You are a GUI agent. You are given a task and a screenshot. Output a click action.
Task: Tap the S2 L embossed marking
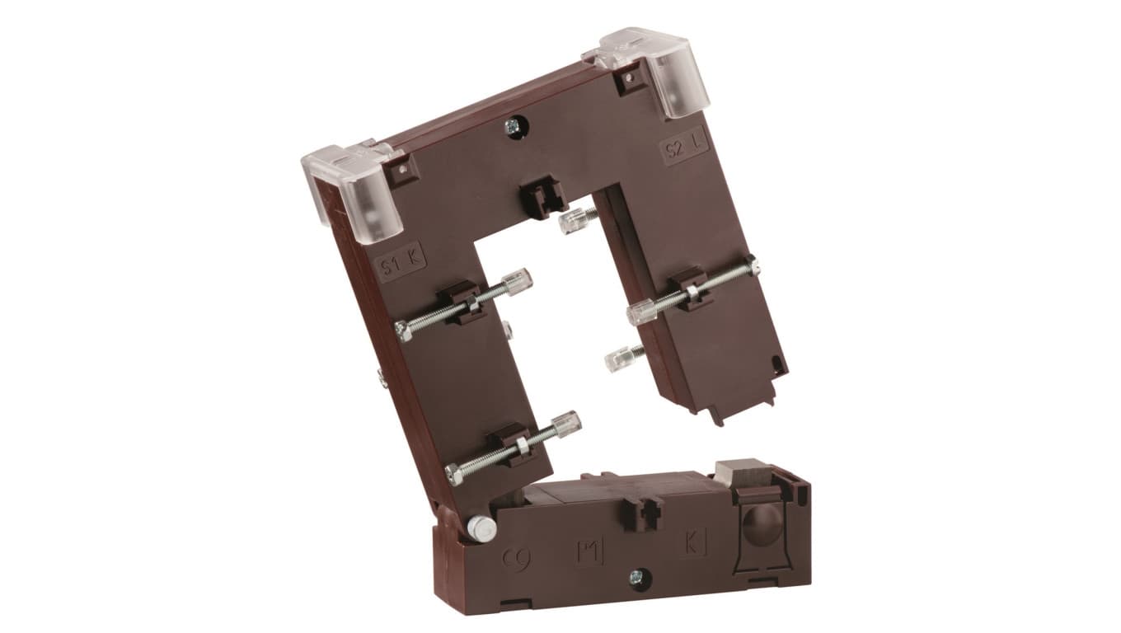[683, 149]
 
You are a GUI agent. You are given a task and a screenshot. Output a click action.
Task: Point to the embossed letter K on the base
[692, 545]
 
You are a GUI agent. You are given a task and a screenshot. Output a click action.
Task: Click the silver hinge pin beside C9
[480, 527]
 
